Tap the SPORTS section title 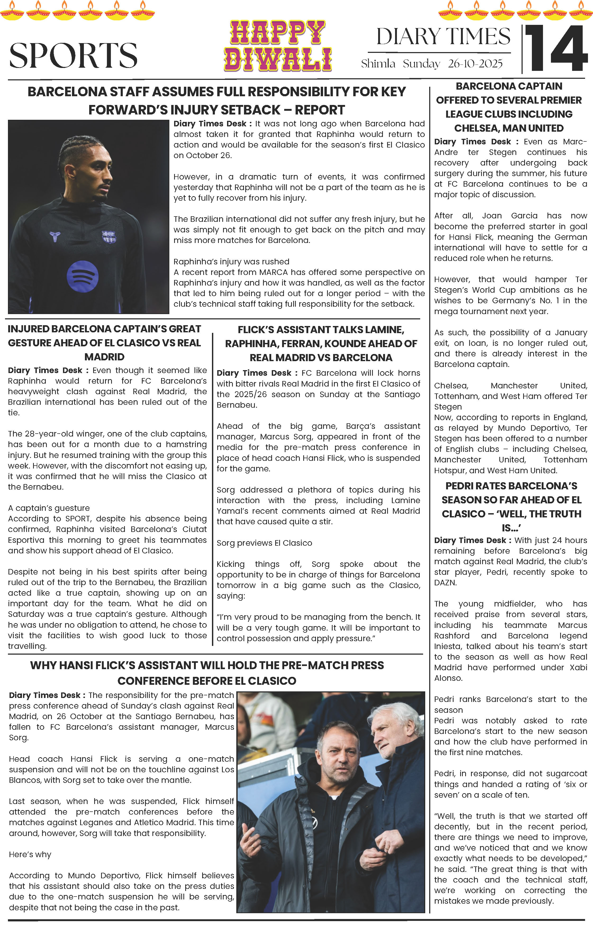pos(73,56)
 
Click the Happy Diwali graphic pos(278,46)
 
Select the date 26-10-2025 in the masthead pos(475,64)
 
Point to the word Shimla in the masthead pos(378,64)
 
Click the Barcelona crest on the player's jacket pos(108,237)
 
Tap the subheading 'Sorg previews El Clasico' pos(264,543)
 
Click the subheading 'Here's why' pos(30,855)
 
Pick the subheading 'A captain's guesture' pos(49,508)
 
